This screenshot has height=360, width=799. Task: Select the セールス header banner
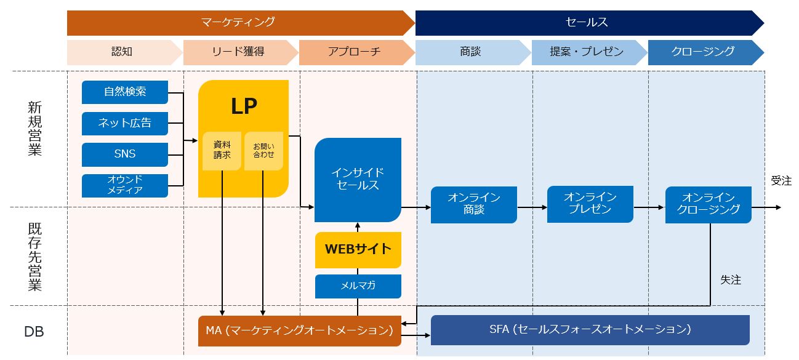click(x=589, y=23)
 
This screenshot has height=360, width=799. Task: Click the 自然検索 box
click(x=125, y=92)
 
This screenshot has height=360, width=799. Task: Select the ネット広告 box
click(x=125, y=123)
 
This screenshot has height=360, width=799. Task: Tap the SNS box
click(x=125, y=154)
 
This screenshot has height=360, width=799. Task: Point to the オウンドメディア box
click(x=125, y=185)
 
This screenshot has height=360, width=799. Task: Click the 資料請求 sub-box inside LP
click(x=222, y=151)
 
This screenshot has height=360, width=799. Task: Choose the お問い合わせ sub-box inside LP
click(x=263, y=151)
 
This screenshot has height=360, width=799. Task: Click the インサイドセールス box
click(x=358, y=180)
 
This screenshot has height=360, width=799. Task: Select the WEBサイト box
click(x=358, y=250)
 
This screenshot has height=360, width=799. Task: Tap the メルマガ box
click(x=358, y=286)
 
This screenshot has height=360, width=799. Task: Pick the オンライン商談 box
click(x=474, y=204)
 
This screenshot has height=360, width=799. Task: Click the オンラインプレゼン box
click(x=590, y=204)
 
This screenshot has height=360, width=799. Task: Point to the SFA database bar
click(x=590, y=330)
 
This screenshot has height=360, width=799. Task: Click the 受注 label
click(x=782, y=181)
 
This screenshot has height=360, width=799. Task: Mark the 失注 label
click(x=731, y=280)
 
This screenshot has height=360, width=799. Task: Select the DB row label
click(x=34, y=332)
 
